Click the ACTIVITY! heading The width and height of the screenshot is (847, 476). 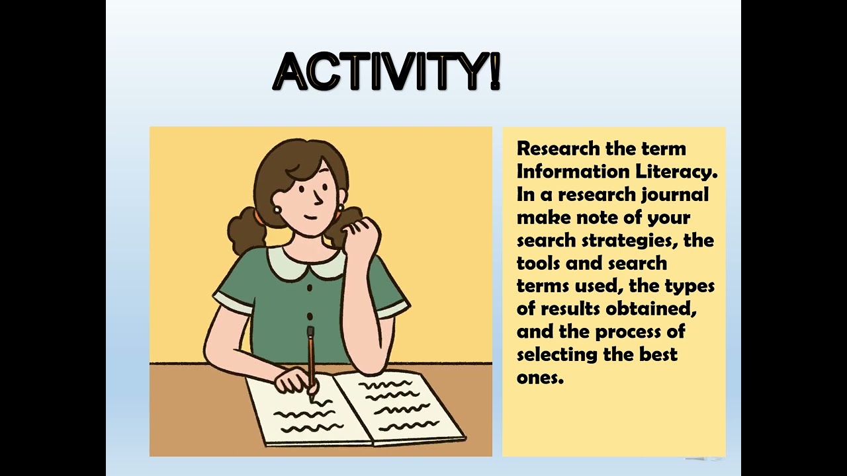tap(387, 71)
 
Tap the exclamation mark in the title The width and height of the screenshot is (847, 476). tap(494, 71)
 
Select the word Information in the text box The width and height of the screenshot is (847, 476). tap(573, 171)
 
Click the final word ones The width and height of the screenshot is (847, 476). tap(539, 377)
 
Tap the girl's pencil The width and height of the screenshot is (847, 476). tap(310, 357)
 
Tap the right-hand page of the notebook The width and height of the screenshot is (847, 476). tap(400, 405)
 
